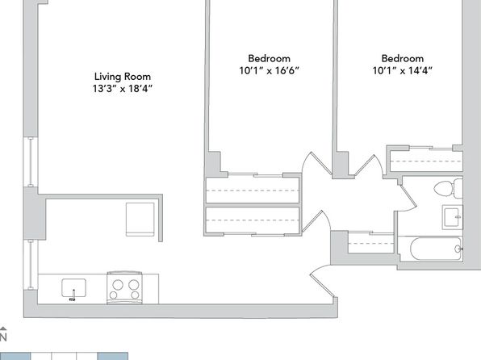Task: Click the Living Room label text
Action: coord(123,77)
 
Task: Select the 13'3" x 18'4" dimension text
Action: coord(123,89)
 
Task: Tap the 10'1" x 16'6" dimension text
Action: coord(269,70)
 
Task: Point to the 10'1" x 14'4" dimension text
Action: coord(402,70)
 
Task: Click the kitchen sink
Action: coord(73,288)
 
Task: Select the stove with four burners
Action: coord(124,287)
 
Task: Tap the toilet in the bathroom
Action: coord(448,188)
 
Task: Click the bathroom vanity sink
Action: coord(452,217)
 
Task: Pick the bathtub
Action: coord(436,249)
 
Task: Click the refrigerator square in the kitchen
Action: coord(140,219)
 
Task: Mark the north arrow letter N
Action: coord(3,337)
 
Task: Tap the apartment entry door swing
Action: coord(323,281)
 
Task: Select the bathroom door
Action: coord(407,197)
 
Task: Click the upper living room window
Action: coord(31,161)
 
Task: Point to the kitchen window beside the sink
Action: coord(31,265)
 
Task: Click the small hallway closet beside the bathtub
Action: coord(371,242)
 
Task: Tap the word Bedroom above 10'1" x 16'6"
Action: coord(269,58)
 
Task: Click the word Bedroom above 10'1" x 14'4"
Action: coord(403,58)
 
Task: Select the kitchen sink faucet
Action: coord(73,295)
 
